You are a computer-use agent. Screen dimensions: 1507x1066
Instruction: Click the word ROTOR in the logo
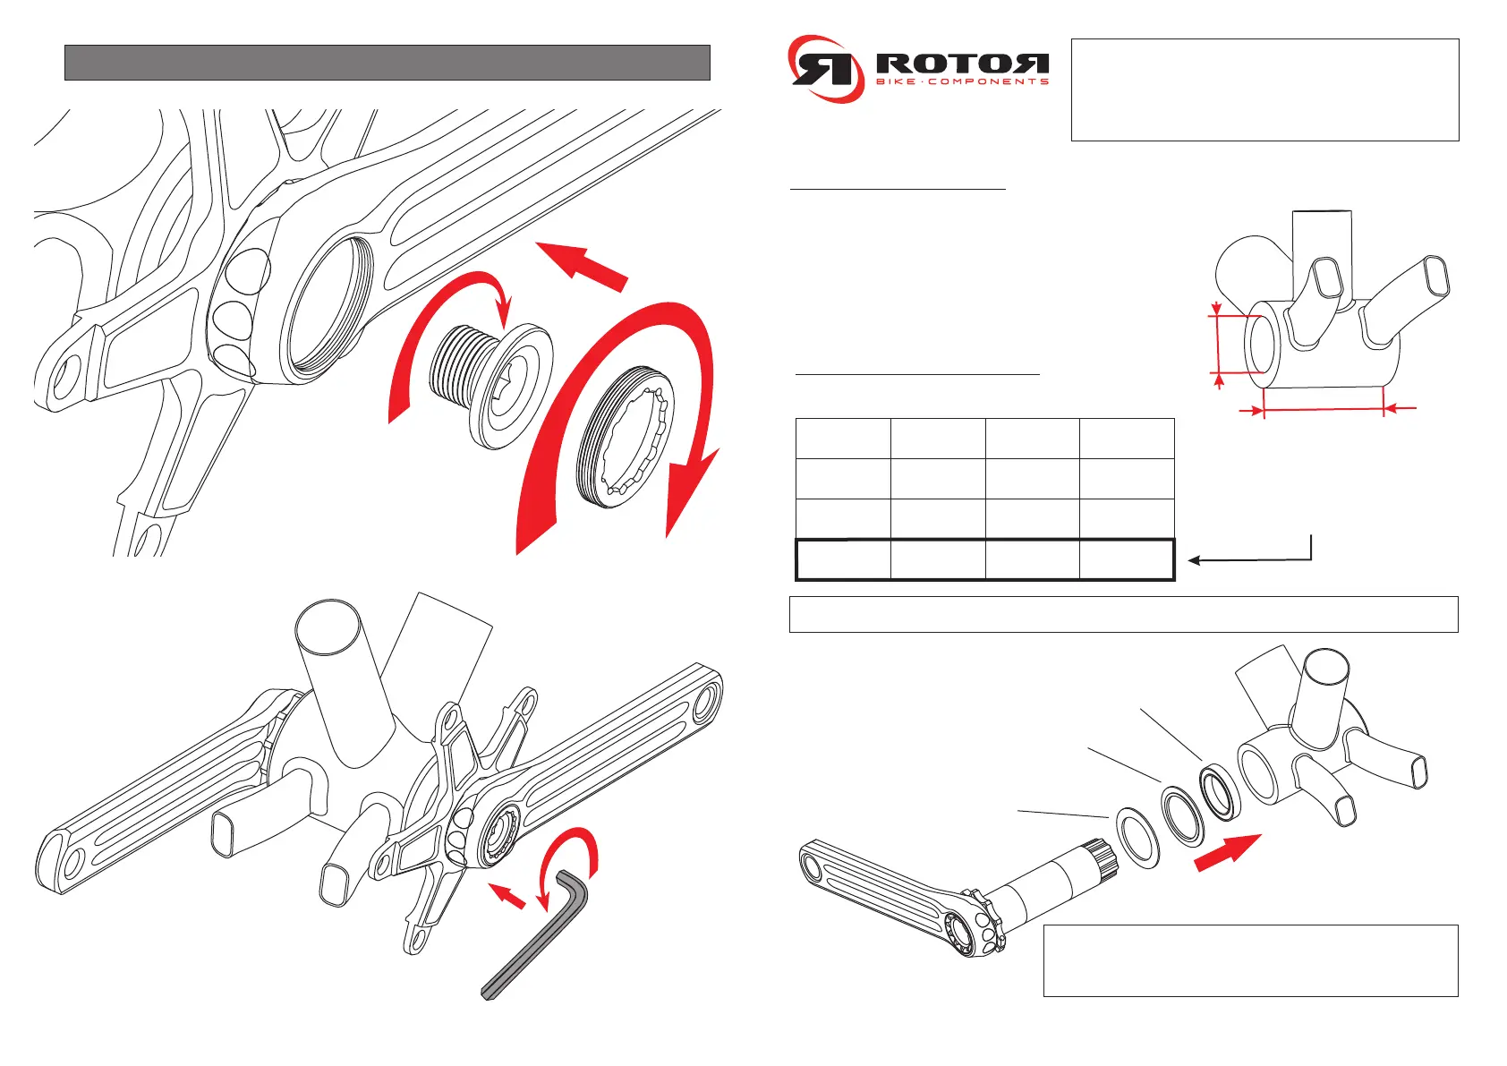(x=962, y=64)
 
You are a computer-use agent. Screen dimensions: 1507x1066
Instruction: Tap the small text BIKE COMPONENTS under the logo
(x=962, y=82)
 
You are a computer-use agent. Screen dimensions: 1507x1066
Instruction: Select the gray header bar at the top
(x=387, y=63)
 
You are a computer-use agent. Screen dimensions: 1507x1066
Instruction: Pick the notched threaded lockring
(x=624, y=438)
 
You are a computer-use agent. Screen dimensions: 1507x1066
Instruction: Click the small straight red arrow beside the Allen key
(x=507, y=894)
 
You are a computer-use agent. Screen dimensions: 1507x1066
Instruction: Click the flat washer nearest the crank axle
(x=1137, y=838)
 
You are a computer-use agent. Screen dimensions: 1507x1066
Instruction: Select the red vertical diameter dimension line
(x=1219, y=345)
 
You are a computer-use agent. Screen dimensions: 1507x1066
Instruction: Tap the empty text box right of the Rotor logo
(x=1264, y=90)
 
